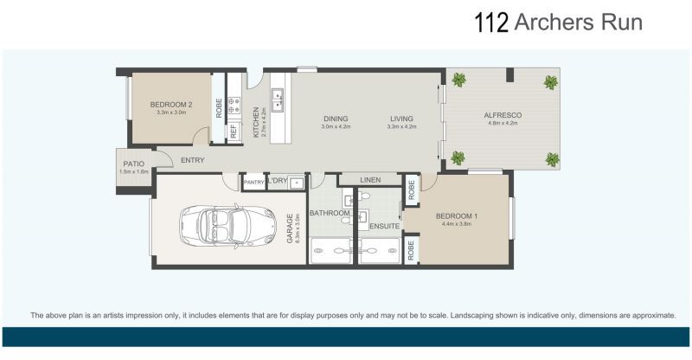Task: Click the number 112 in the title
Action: point(491,22)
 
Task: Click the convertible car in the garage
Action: point(216,227)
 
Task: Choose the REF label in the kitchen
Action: point(233,132)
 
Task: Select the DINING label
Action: point(335,119)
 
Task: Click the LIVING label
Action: point(401,119)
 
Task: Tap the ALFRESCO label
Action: point(502,115)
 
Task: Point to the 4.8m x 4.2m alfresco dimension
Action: point(502,124)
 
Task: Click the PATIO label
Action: point(132,164)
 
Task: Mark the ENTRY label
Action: point(192,161)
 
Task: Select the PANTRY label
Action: point(253,183)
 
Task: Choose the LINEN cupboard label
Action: point(370,180)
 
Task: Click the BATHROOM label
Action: point(330,212)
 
